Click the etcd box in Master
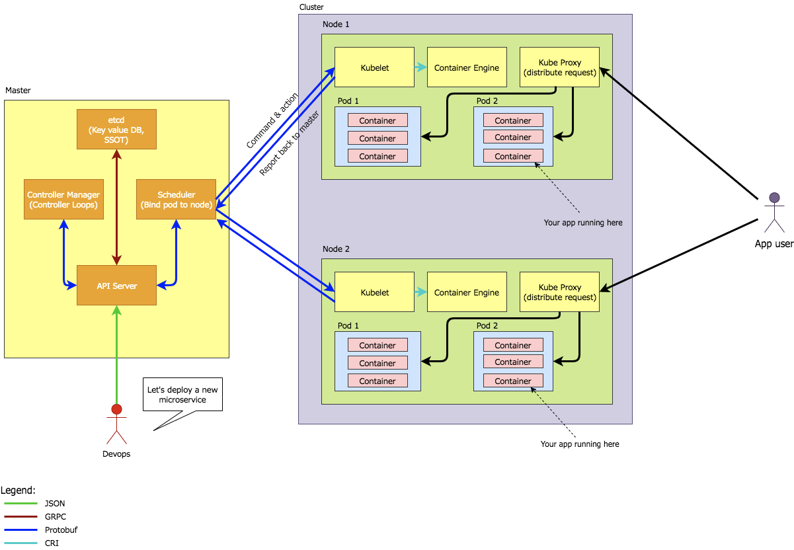[x=116, y=129]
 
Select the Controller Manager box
[x=63, y=200]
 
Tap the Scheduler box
[x=176, y=200]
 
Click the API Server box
[x=116, y=285]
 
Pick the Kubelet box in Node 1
[x=374, y=67]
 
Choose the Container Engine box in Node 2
[x=467, y=292]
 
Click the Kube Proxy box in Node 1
[x=559, y=67]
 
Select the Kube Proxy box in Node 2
[x=559, y=292]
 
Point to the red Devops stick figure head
[x=117, y=408]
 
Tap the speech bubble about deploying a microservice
[x=181, y=395]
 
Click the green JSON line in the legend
[x=21, y=504]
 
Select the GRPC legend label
[x=55, y=517]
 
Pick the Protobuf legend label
[x=61, y=530]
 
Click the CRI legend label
[x=52, y=543]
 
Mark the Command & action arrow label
[x=272, y=120]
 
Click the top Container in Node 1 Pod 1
[x=377, y=120]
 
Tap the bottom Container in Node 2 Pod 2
[x=513, y=381]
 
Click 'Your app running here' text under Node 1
[x=583, y=223]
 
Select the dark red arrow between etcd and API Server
[x=116, y=207]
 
